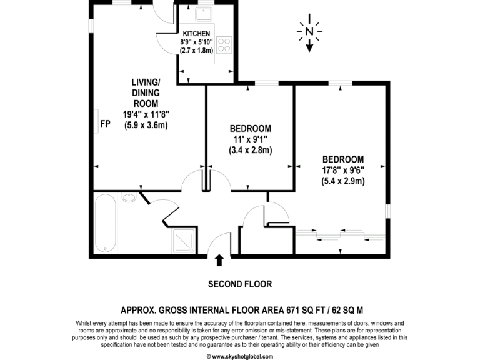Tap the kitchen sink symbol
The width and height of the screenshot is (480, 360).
204,14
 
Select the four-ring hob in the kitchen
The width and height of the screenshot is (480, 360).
224,46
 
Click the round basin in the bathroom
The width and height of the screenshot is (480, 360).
129,199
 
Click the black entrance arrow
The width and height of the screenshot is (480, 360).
219,260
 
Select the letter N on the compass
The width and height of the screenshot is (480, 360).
309,31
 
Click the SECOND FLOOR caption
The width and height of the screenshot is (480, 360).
239,284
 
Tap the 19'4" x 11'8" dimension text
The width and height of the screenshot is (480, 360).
146,114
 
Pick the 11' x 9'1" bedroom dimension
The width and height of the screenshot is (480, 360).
250,139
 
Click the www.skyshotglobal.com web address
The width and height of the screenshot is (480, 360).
240,356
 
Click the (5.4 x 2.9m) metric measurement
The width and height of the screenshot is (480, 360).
343,181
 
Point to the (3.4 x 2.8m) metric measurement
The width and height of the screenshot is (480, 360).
250,150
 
